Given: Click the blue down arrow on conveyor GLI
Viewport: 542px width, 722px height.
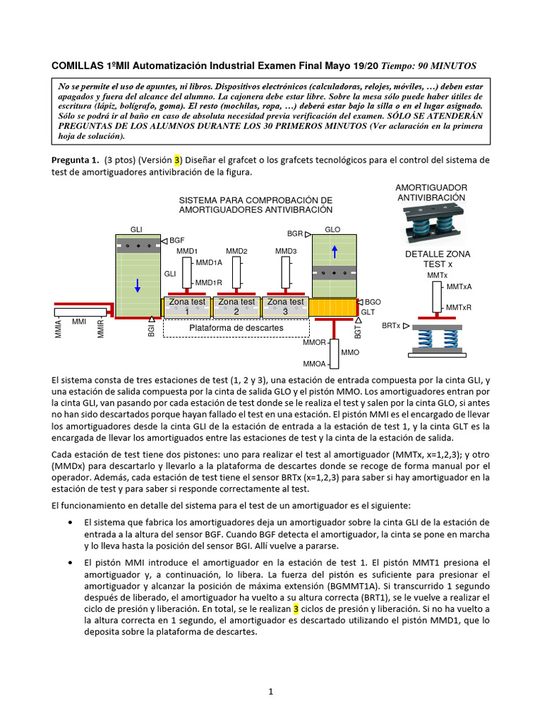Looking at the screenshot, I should pos(138,285).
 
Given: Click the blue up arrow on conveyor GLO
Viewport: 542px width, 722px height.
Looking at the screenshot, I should pos(334,252).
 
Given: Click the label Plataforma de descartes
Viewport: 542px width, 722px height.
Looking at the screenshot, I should pos(236,328).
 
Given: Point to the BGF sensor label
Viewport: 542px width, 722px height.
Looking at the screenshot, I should pos(176,241).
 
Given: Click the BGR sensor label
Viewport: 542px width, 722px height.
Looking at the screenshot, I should pos(295,233).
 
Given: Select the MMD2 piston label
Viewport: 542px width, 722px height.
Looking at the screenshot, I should pos(236,251).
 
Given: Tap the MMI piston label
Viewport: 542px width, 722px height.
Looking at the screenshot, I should pos(79,322).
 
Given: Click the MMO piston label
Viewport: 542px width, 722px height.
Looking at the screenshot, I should pos(349,352).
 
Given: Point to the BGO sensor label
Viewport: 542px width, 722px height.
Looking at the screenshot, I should pos(373,302).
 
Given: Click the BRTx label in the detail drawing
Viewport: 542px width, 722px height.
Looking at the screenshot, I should pos(390,326).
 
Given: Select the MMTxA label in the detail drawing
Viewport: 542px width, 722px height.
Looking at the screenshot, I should pos(459,287).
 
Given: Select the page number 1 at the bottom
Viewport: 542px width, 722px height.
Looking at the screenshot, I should pos(270,692).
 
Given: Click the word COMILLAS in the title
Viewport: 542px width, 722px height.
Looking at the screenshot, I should pos(77,66).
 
